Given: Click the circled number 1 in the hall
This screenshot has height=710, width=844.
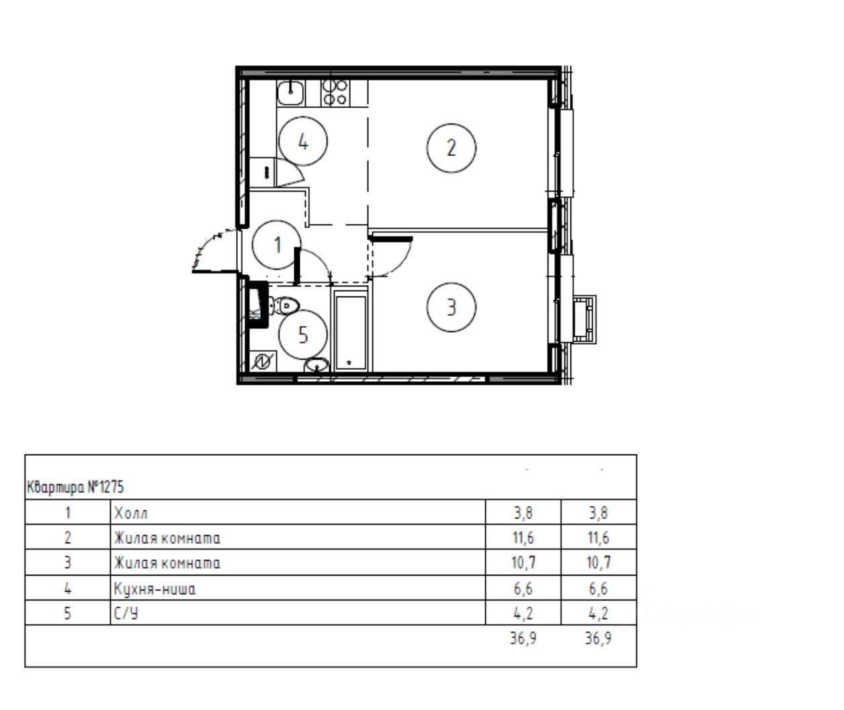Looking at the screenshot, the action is coord(276,245).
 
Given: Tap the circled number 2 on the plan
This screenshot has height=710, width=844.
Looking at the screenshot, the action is coord(451,148).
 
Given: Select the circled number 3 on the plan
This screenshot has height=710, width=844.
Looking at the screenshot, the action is coord(451,307).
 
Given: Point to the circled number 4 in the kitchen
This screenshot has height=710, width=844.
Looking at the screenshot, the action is coord(303,142).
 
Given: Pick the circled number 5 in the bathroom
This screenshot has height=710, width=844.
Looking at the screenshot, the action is coord(303,335).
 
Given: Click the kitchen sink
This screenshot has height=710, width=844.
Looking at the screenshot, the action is coord(290,93).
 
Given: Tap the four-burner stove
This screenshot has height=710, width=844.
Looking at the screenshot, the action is coord(335,93).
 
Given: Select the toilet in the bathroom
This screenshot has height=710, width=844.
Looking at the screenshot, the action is coord(284,305).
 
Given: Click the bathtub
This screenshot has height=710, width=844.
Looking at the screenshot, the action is coord(351,332).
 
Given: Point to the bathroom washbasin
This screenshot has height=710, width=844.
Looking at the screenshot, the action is coord(316,365).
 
